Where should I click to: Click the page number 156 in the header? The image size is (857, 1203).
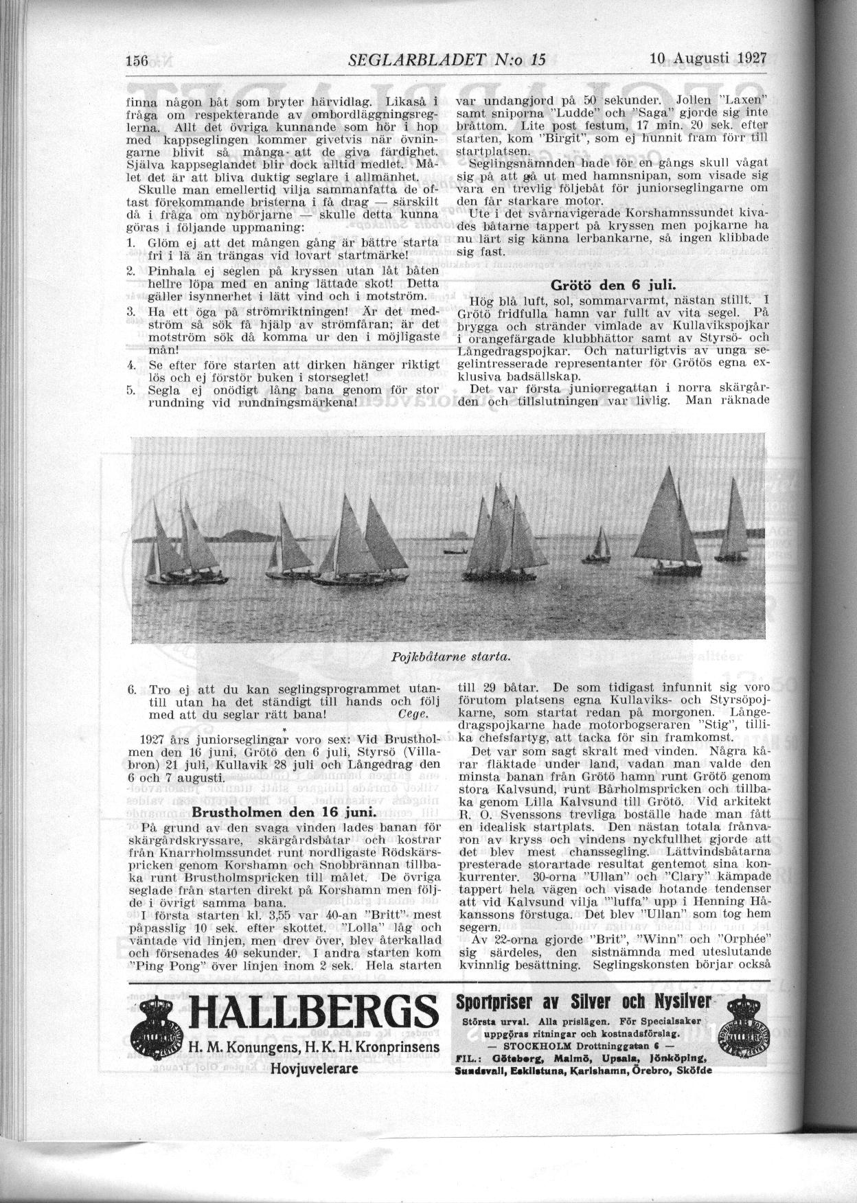[139, 60]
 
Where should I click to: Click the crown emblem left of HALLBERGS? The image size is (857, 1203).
[157, 1030]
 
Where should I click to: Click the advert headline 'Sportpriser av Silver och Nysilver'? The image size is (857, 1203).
[584, 1002]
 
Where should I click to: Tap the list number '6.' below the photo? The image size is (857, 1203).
[131, 689]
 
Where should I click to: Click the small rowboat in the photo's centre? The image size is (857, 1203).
[453, 551]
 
